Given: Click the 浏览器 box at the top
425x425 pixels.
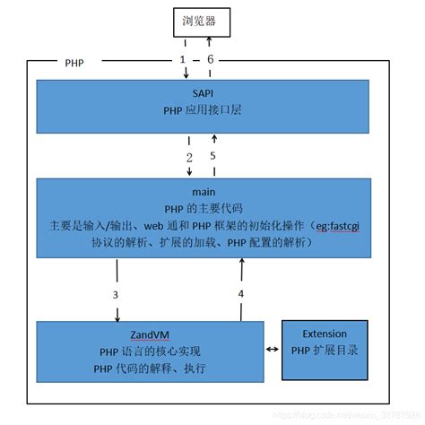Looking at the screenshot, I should coord(197,19).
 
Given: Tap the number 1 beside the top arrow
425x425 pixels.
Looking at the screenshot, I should coord(183,58).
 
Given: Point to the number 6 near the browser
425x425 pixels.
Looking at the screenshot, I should coord(212,58).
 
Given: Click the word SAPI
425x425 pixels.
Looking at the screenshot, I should coord(201,93).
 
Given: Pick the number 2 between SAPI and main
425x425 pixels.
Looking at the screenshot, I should coord(189,157).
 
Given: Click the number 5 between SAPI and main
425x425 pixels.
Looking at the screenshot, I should coord(213,156).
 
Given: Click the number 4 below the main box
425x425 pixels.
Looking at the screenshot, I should coord(240,293).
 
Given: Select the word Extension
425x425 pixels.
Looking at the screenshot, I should coord(324,334).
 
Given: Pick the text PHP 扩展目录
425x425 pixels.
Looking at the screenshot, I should coord(324,351).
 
